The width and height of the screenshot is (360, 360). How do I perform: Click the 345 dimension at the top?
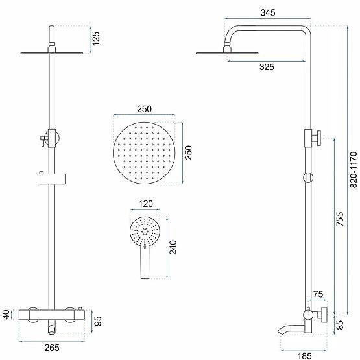click(x=265, y=12)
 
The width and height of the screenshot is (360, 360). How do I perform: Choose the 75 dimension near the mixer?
click(x=317, y=294)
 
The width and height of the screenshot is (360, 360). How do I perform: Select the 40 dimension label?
click(x=6, y=315)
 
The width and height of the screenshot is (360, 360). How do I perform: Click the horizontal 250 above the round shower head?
click(x=144, y=109)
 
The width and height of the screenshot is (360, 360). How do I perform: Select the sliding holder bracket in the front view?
click(x=52, y=178)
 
